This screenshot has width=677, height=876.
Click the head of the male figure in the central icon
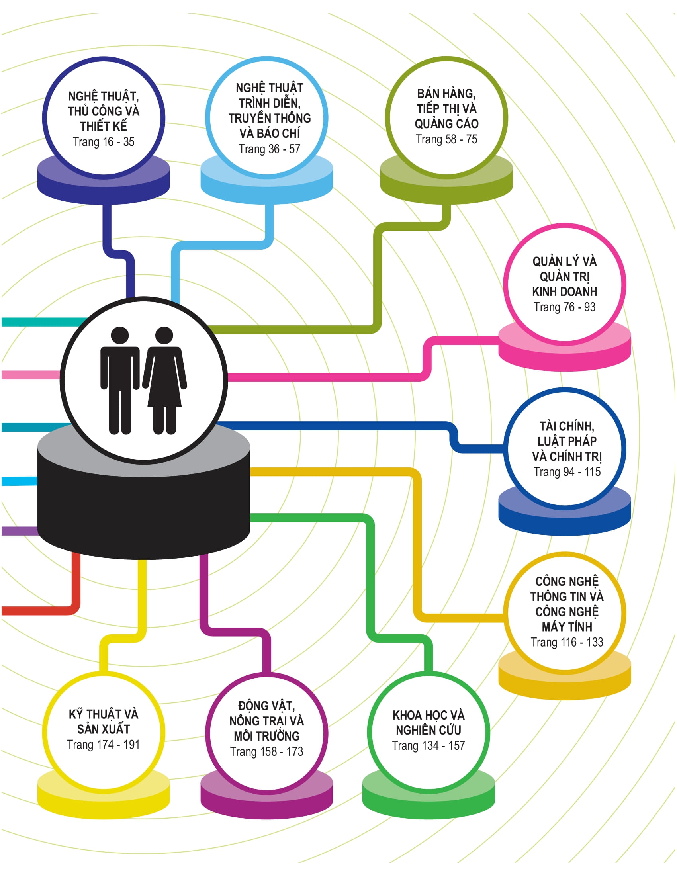coord(120,335)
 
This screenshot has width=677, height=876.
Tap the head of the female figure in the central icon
coord(164,335)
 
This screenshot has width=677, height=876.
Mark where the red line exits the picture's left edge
coord(2,610)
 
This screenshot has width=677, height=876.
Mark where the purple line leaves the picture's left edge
coord(2,531)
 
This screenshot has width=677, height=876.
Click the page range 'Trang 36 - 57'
coord(270,149)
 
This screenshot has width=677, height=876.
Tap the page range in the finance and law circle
coord(567,472)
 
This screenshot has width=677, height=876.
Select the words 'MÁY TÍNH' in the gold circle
coord(567,626)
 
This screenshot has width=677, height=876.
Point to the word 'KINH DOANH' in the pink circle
coord(565,291)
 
